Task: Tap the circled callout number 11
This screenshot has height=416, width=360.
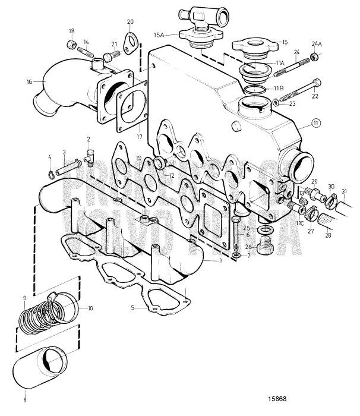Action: coord(317,123)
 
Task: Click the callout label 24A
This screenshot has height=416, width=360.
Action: coord(317,43)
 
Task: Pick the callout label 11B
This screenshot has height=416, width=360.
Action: coord(278,88)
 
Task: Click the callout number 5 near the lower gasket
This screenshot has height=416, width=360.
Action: coord(134,308)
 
